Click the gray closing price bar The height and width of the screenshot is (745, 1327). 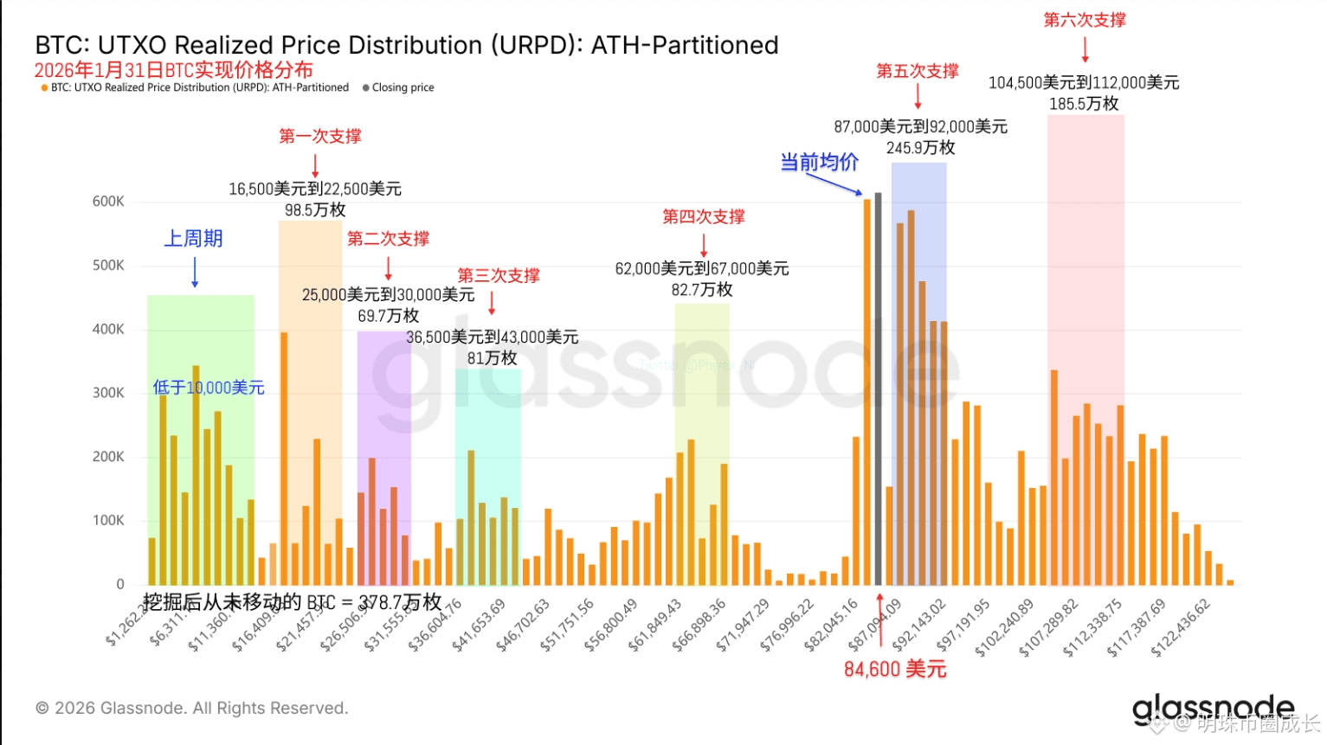pos(878,389)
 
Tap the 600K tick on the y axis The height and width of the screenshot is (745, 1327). pos(108,202)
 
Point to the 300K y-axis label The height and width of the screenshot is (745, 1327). pos(108,393)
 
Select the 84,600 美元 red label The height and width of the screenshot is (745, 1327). pos(895,669)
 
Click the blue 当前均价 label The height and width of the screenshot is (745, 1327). pos(819,162)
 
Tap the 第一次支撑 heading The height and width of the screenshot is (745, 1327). pos(319,136)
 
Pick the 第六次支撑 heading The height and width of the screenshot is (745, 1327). pos(1084,20)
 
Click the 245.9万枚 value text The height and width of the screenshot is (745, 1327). pos(920,148)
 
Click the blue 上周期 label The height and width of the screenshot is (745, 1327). pos(194,239)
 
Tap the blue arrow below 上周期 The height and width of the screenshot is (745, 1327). pos(195,272)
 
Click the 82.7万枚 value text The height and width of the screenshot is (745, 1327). pos(702,290)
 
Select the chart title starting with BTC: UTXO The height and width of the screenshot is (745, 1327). pos(407,45)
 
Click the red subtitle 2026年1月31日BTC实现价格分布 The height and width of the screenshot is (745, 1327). pos(173,70)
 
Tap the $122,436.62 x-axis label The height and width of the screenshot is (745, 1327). pos(1181,628)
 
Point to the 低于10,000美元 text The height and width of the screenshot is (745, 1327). pos(209,388)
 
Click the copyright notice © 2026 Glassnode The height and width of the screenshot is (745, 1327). pos(191,708)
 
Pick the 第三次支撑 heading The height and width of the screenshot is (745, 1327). pos(499,275)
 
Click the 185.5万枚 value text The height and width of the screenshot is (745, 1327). pos(1084,104)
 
